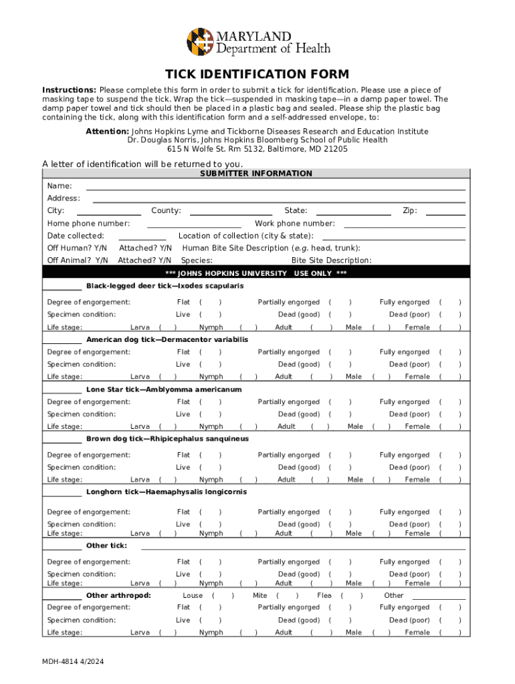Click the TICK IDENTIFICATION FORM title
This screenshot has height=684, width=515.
pos(257,74)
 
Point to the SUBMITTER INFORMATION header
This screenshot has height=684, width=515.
pos(257,174)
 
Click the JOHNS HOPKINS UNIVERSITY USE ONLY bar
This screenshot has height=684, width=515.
pos(257,273)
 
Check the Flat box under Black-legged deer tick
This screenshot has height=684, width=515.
pos(211,303)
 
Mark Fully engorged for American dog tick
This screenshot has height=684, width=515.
pos(449,352)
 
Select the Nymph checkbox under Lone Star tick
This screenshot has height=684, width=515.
pos(247,427)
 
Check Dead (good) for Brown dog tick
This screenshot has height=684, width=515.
pos(340,468)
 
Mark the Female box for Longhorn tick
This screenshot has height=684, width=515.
pos(449,534)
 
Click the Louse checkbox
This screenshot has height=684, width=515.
pos(223,595)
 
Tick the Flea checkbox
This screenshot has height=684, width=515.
pos(351,595)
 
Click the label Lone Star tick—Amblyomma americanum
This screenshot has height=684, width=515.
pos(164,389)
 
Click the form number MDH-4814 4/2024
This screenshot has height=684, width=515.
pos(73,663)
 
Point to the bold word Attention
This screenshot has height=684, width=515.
pos(107,132)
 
